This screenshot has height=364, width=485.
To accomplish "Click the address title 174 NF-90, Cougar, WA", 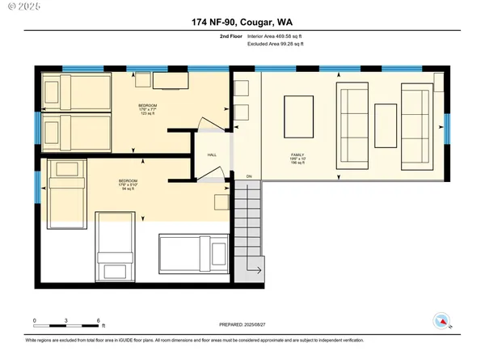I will pos(242,22).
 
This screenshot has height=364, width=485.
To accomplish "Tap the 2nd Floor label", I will pos(231,36).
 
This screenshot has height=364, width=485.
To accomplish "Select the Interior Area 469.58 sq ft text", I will pos(280,36).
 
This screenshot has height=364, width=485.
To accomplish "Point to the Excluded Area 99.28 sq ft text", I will pos(280,46).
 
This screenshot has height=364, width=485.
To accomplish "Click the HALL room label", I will pos(212,154).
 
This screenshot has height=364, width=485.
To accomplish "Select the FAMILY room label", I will pos(298,157).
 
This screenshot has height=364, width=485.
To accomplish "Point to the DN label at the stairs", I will pos(249,176).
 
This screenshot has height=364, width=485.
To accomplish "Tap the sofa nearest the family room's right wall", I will pos(416,125).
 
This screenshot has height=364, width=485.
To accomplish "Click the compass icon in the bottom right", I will pos(441,320).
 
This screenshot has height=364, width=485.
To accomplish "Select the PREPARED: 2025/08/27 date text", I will pos(242,324).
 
